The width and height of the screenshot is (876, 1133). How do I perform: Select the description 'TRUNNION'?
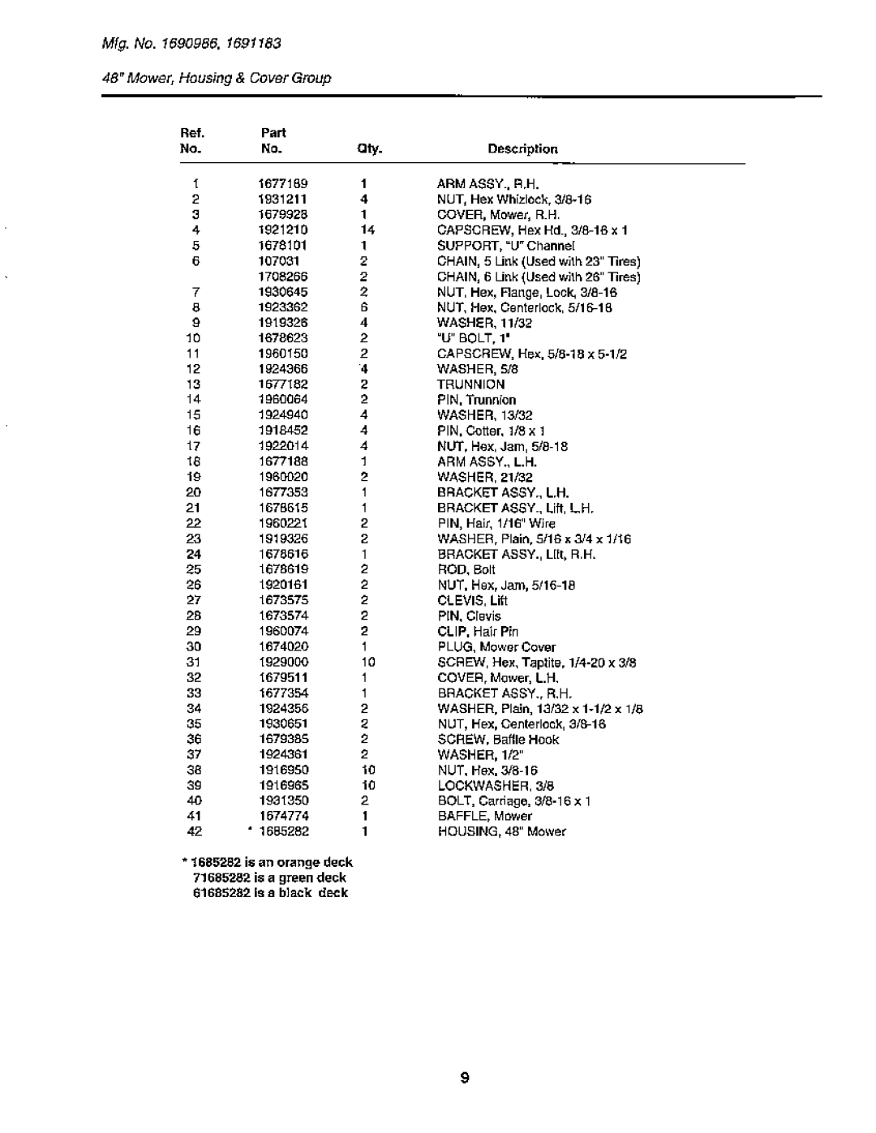tap(470, 384)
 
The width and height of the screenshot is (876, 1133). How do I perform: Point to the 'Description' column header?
tap(522, 149)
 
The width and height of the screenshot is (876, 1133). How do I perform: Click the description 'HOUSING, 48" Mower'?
tap(501, 831)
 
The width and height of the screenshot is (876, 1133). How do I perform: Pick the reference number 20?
tap(193, 492)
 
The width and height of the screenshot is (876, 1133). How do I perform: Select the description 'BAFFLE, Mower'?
tap(484, 816)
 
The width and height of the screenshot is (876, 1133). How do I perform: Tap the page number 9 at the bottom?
tap(464, 1079)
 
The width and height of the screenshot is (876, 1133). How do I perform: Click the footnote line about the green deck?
tap(269, 878)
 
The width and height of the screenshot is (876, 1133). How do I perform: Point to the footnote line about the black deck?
tap(270, 893)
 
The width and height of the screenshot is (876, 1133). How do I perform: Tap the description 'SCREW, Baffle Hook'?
tap(498, 739)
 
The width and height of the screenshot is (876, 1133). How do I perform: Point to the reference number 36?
tap(193, 739)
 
